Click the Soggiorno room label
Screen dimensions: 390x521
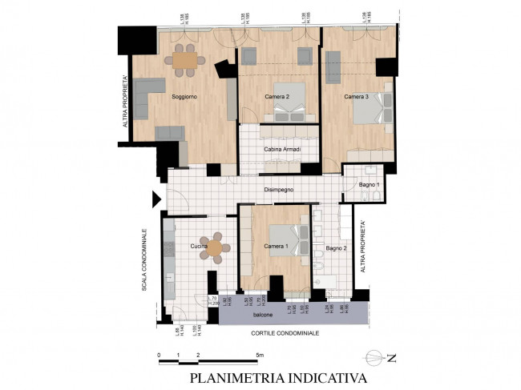[x=184, y=97]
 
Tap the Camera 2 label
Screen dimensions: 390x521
[x=277, y=97]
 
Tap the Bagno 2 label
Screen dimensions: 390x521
[x=335, y=250]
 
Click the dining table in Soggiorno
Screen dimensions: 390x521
[x=184, y=59]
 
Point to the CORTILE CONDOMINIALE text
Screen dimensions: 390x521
[x=285, y=332]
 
